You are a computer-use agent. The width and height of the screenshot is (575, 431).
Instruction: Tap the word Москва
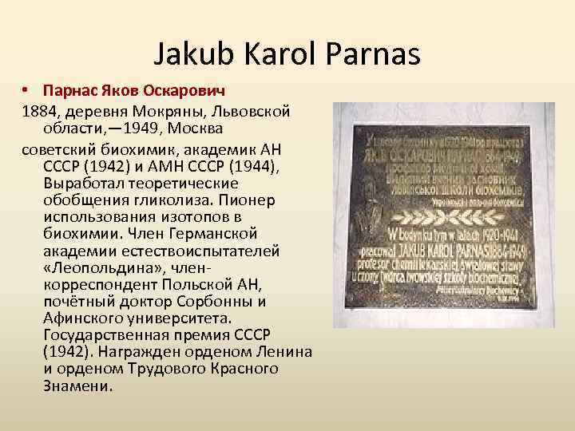click(x=198, y=129)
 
